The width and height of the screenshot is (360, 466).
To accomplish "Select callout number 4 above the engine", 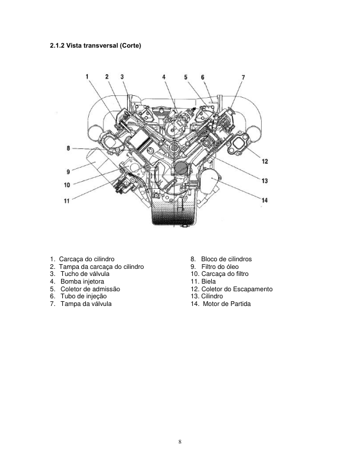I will click(164, 77).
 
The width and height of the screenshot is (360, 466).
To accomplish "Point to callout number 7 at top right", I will click(243, 77).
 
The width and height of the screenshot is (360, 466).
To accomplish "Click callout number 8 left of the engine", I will click(69, 148).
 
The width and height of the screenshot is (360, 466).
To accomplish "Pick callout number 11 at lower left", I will click(66, 201).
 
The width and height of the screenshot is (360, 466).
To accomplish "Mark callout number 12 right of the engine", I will click(265, 161).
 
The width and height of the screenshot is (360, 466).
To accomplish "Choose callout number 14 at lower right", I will click(265, 200).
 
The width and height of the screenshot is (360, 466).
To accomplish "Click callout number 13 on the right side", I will click(265, 181).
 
